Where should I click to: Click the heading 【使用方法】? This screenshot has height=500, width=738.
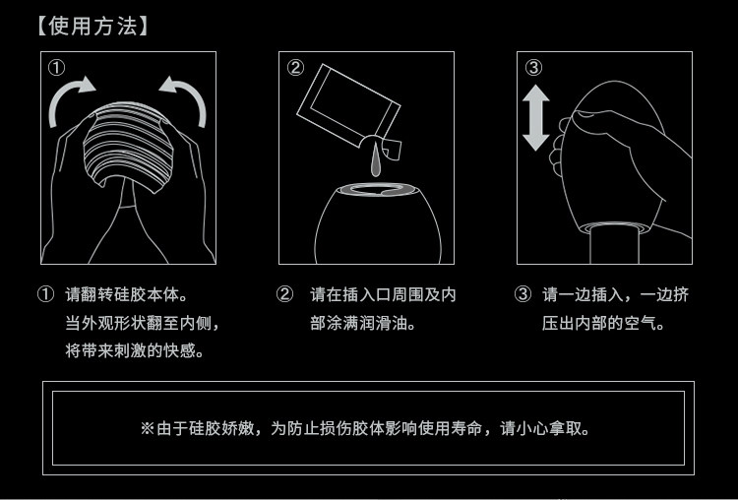(93, 26)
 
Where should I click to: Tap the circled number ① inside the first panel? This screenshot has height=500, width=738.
(56, 68)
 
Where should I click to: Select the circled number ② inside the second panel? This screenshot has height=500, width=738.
(295, 67)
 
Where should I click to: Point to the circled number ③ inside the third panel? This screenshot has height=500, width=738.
(533, 67)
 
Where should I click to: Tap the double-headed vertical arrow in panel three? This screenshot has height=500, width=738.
(535, 118)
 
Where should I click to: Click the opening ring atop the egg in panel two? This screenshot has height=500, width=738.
(377, 190)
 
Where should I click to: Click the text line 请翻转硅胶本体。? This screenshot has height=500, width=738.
(127, 295)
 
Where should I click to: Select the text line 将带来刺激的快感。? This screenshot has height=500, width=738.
(135, 350)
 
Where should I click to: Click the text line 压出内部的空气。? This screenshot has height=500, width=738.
(603, 324)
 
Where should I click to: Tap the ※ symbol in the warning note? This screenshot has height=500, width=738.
(148, 428)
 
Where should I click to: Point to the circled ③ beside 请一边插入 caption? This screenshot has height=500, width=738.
(523, 294)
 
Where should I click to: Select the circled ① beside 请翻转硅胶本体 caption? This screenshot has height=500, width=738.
(45, 294)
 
